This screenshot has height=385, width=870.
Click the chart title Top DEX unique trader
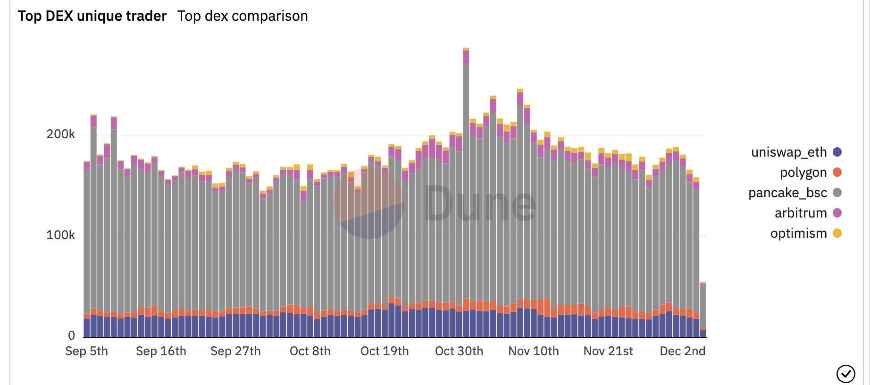pyautogui.click(x=92, y=16)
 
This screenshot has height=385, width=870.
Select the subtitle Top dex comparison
pyautogui.click(x=243, y=16)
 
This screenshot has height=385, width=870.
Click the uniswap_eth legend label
pyautogui.click(x=789, y=152)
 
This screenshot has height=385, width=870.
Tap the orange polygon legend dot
pyautogui.click(x=837, y=172)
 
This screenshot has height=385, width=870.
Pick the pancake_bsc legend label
pyautogui.click(x=787, y=192)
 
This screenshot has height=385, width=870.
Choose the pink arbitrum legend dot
pyautogui.click(x=837, y=213)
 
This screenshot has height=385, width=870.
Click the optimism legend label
pyautogui.click(x=798, y=233)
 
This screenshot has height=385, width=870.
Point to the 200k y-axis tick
pyautogui.click(x=60, y=134)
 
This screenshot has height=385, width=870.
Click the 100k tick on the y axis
pyautogui.click(x=60, y=235)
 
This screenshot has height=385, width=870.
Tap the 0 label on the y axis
pyautogui.click(x=71, y=335)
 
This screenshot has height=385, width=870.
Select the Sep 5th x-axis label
pyautogui.click(x=87, y=351)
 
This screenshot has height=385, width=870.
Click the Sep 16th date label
pyautogui.click(x=161, y=351)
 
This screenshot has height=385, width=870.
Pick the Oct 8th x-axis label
pyautogui.click(x=310, y=351)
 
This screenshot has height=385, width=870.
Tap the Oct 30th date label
pyautogui.click(x=459, y=351)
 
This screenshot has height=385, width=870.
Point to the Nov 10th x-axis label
pyautogui.click(x=534, y=351)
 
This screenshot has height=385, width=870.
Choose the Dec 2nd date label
pyautogui.click(x=683, y=351)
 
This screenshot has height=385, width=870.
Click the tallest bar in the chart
pyautogui.click(x=466, y=189)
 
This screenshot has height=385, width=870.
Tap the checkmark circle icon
pyautogui.click(x=845, y=374)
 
